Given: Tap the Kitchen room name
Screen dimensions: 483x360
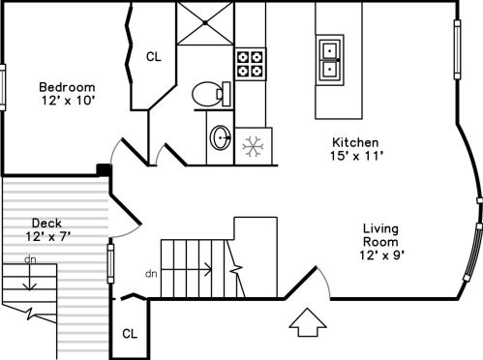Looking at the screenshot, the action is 355,142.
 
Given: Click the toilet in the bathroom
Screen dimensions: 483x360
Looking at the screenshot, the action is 211,94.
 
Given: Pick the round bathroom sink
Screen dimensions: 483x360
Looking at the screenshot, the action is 221,137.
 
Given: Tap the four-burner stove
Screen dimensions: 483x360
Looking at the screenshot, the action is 251,64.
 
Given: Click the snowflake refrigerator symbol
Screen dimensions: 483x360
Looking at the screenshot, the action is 253,146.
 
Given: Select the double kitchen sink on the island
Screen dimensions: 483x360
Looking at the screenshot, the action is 330,60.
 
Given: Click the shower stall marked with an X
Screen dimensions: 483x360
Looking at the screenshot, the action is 205,23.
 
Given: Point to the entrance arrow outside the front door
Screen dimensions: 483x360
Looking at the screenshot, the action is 308,322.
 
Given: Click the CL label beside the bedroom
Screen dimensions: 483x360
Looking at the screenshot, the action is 154,57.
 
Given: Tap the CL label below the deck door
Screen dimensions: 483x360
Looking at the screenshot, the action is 130,334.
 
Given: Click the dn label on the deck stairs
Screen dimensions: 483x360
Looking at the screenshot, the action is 30,259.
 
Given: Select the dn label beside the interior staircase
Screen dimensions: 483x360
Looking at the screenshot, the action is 151,274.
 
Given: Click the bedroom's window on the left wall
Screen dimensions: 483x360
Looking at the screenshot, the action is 3,87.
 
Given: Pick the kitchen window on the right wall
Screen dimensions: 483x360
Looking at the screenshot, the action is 457,49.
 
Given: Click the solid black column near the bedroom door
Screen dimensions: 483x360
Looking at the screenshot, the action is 105,169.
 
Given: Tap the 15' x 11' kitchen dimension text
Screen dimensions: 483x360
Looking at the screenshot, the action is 356,156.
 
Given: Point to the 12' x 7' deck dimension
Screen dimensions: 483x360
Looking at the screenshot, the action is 48,237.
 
